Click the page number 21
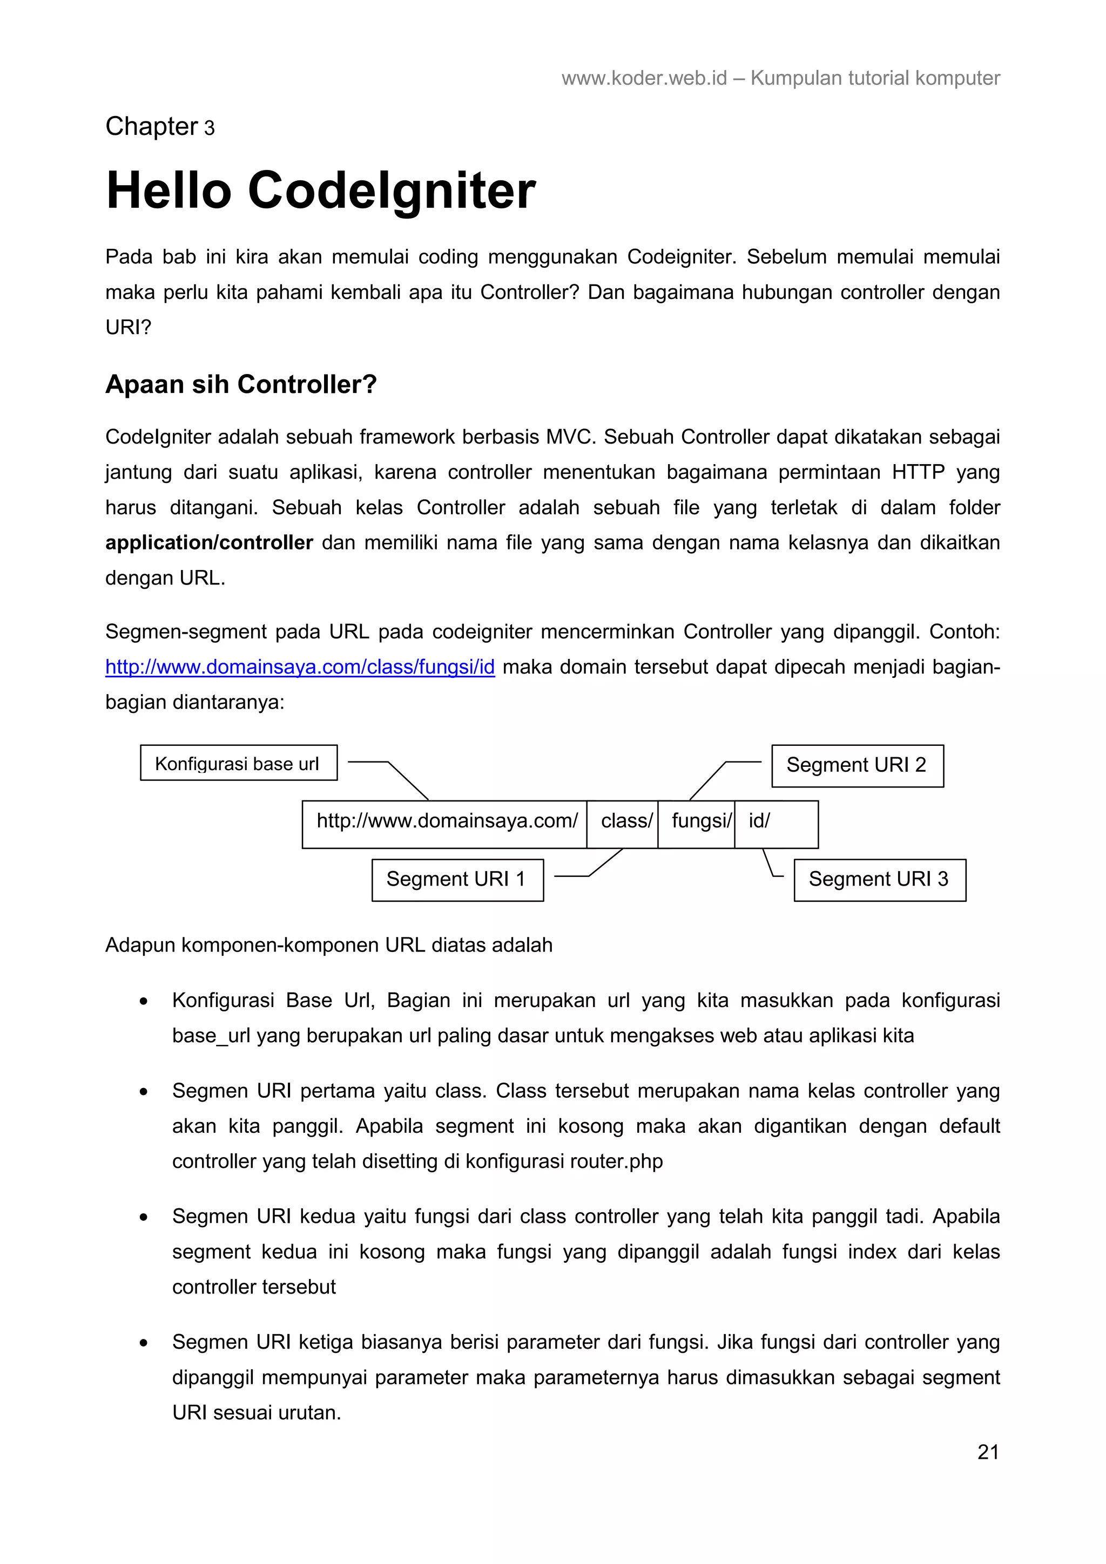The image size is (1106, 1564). (987, 1452)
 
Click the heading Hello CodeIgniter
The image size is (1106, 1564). (320, 190)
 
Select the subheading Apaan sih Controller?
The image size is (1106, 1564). (240, 384)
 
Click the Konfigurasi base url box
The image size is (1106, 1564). (239, 763)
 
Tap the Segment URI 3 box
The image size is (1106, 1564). (879, 879)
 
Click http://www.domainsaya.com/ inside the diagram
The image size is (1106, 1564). (447, 821)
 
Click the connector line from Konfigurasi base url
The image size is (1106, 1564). (406, 779)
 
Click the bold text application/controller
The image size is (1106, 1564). (208, 542)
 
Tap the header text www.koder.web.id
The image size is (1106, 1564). (644, 78)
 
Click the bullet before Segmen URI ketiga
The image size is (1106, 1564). (143, 1343)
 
